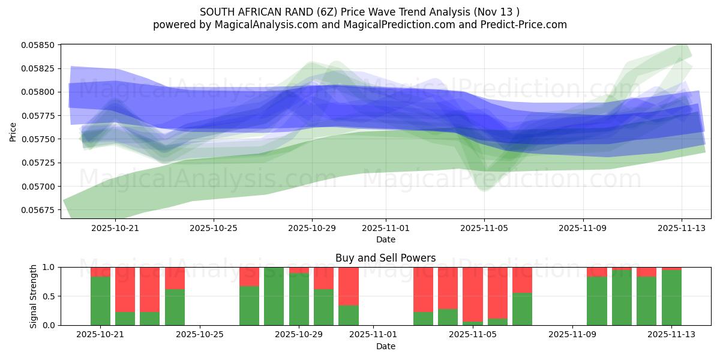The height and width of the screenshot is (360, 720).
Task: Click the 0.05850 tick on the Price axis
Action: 38,45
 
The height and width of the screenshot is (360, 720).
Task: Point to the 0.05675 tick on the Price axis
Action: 38,210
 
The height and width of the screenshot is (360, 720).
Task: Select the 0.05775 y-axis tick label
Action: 38,116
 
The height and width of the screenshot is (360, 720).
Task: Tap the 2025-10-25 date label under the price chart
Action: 214,228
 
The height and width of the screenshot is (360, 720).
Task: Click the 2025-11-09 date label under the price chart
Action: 583,228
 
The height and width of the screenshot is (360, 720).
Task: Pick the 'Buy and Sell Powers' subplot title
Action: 385,258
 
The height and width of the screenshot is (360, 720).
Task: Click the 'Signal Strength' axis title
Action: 34,296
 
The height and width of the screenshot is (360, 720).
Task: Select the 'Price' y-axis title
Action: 13,132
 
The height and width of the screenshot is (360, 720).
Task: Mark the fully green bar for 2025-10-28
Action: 274,296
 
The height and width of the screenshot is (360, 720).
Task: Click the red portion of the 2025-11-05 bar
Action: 472,294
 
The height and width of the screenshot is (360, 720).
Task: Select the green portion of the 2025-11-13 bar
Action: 671,298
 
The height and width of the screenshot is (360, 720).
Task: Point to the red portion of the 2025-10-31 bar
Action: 348,286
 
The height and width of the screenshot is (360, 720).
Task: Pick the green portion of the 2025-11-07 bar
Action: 522,309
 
